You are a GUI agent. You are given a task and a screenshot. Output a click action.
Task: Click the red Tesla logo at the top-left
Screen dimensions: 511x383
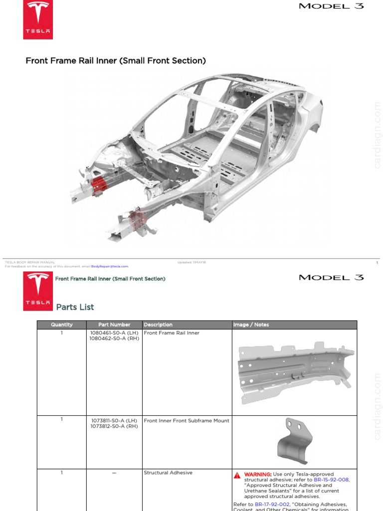[38, 19]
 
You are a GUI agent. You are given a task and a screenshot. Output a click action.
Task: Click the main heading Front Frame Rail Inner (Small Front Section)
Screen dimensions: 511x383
[116, 61]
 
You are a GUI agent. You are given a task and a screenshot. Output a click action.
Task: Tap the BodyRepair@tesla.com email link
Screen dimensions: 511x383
[110, 266]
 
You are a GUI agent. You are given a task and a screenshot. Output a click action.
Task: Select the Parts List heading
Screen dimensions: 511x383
[75, 307]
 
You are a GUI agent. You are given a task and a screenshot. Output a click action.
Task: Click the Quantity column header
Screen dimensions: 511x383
[62, 325]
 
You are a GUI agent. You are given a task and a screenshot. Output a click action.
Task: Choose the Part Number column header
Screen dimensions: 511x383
[114, 325]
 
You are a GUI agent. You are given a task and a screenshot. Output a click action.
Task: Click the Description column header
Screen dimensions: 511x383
[158, 325]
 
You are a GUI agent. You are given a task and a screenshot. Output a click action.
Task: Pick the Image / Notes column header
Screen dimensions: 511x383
[251, 325]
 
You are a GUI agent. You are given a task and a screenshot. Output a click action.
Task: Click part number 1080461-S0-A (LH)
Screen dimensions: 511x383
[114, 333]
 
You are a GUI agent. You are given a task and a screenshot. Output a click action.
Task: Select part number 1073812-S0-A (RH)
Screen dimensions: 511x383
[114, 426]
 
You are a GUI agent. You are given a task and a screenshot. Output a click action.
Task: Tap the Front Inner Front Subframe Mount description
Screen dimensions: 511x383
[187, 421]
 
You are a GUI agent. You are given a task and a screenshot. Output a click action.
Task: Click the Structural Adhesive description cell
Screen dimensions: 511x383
[168, 473]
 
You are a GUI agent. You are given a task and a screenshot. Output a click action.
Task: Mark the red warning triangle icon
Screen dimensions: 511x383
[238, 475]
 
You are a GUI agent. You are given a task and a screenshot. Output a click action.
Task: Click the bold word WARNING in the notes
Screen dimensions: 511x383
[257, 474]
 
